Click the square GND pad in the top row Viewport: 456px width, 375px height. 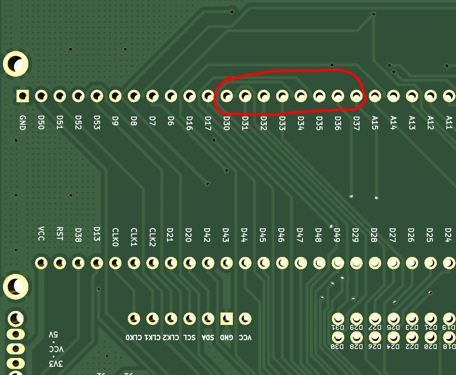22,96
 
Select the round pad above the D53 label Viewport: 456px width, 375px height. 97,96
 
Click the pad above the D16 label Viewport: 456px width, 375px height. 189,96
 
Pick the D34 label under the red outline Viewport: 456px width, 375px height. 301,122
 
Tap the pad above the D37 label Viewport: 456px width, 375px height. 356,96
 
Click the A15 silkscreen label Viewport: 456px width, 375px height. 375,122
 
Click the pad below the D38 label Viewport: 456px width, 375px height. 78,263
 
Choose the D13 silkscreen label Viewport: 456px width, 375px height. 97,234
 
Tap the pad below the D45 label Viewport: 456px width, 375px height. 264,263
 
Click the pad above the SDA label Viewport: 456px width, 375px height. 208,319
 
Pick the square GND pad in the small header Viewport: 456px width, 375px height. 226,319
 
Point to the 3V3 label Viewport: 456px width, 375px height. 56,363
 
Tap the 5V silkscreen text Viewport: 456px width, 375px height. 54,335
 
